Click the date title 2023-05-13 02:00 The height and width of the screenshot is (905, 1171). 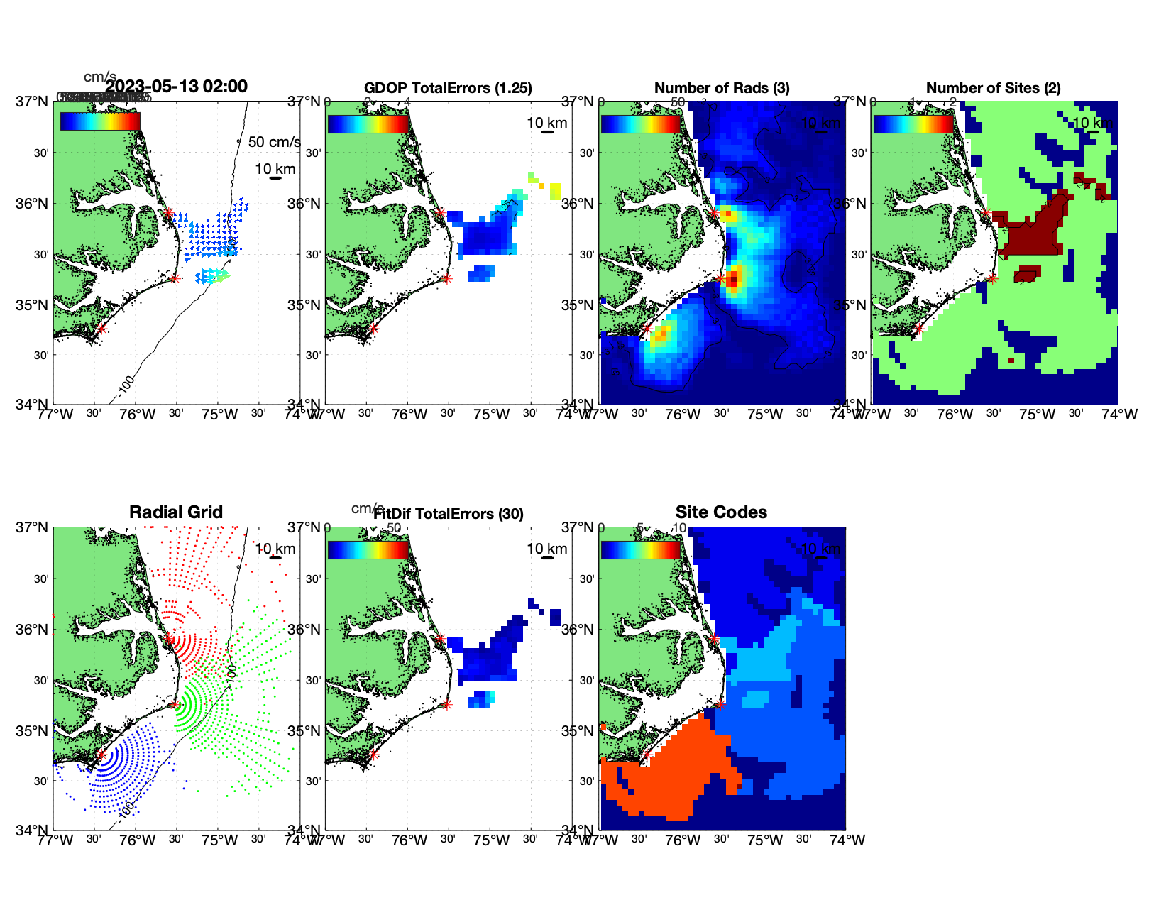pyautogui.click(x=176, y=87)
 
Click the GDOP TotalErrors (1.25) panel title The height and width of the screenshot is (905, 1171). pyautogui.click(x=448, y=88)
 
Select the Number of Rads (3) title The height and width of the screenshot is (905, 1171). pyautogui.click(x=722, y=88)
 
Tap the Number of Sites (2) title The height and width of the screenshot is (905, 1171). pyautogui.click(x=994, y=88)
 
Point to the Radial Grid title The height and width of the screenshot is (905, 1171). pyautogui.click(x=176, y=512)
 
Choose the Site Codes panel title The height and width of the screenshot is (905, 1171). pyautogui.click(x=721, y=512)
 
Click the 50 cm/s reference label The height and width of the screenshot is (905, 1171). pyautogui.click(x=274, y=142)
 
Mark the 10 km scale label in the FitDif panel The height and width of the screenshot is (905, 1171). pyautogui.click(x=547, y=549)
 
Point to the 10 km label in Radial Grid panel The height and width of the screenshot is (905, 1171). pyautogui.click(x=275, y=549)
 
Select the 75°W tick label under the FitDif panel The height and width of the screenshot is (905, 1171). pyautogui.click(x=491, y=841)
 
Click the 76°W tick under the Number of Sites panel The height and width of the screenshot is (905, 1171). pyautogui.click(x=955, y=415)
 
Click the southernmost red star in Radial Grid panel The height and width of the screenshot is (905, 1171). pyautogui.click(x=101, y=755)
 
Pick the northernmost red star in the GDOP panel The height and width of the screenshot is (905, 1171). pyautogui.click(x=441, y=212)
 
